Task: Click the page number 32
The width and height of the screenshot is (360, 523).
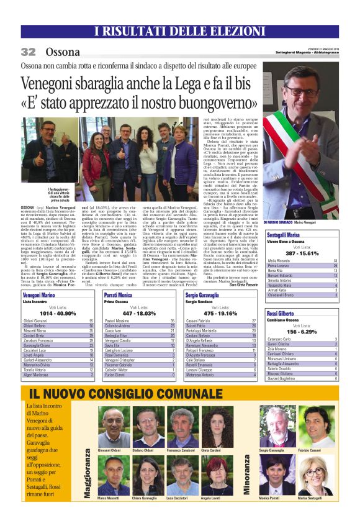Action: click(28, 52)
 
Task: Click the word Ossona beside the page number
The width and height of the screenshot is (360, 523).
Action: click(63, 52)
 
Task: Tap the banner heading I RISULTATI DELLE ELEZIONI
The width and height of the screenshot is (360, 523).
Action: click(180, 32)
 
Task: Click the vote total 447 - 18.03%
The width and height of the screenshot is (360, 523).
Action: click(139, 314)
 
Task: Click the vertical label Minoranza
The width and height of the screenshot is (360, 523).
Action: click(248, 476)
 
